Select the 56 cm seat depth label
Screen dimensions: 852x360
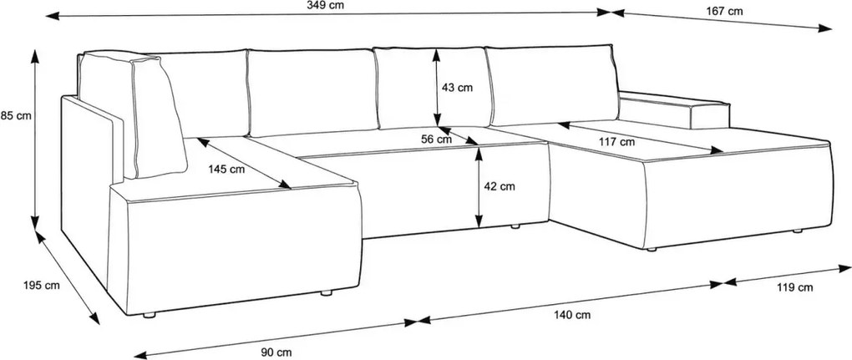pyautogui.click(x=436, y=139)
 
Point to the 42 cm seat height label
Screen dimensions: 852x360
pyautogui.click(x=500, y=187)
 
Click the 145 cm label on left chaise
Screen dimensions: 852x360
pyautogui.click(x=226, y=169)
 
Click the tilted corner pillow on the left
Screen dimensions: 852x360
pyautogui.click(x=158, y=117)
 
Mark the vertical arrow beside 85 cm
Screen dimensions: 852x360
pyautogui.click(x=35, y=139)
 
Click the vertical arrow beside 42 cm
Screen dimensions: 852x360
pyautogui.click(x=479, y=186)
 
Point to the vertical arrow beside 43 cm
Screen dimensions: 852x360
pyautogui.click(x=436, y=88)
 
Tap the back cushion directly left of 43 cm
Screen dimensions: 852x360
pyautogui.click(x=311, y=93)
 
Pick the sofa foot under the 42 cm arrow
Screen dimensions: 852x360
pyautogui.click(x=515, y=226)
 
